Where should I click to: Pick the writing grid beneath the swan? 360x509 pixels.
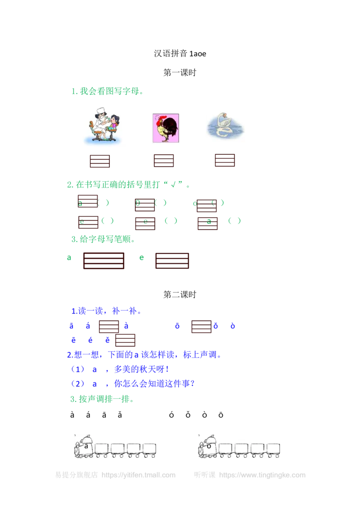225,161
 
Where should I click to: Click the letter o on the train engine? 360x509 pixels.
209,446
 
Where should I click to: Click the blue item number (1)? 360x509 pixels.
78,370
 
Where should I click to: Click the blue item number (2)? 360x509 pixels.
78,384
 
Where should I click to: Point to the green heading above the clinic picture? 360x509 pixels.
108,92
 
